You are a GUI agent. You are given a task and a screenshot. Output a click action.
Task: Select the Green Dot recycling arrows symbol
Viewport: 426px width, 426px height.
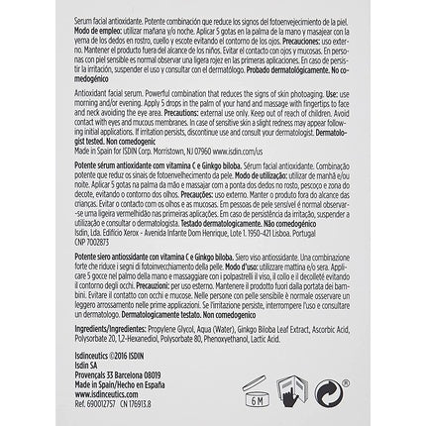pyautogui.click(x=324, y=389)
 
